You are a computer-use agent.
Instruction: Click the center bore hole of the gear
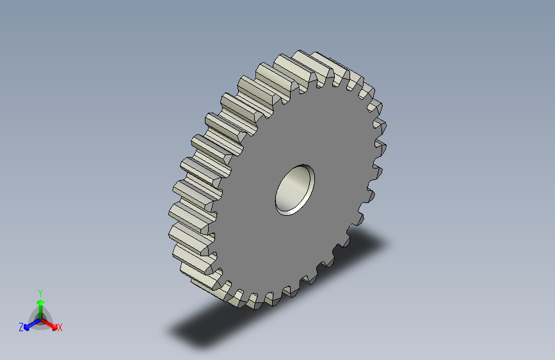[x=295, y=190]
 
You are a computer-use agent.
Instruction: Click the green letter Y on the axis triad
[x=40, y=293]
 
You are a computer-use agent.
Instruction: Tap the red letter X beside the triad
[x=60, y=328]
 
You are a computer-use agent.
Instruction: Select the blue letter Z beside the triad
[x=21, y=327]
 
